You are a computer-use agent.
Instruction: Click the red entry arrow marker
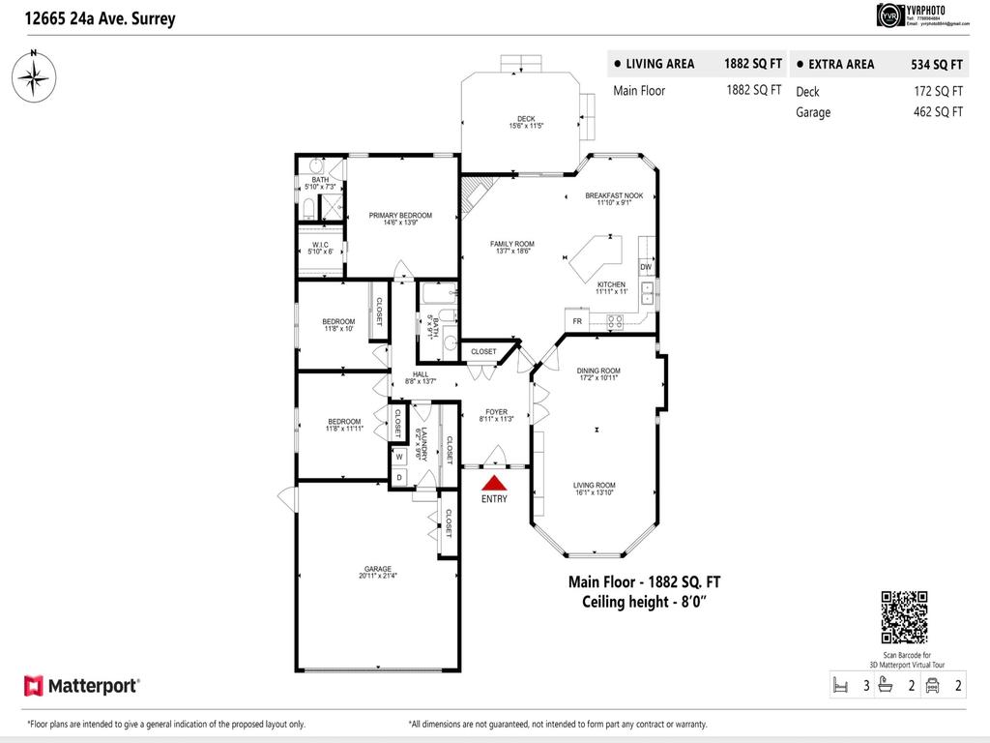tap(494, 483)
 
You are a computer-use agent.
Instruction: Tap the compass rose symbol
tap(33, 74)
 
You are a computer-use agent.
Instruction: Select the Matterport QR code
tap(904, 616)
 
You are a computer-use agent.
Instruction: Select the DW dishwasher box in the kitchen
tap(645, 267)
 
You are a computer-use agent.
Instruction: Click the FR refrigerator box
tap(577, 321)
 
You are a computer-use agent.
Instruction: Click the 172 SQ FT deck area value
tap(936, 92)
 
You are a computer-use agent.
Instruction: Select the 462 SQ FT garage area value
tap(936, 112)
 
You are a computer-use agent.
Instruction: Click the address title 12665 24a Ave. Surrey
tap(94, 18)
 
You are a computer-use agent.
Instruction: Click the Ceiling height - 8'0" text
tap(644, 601)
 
